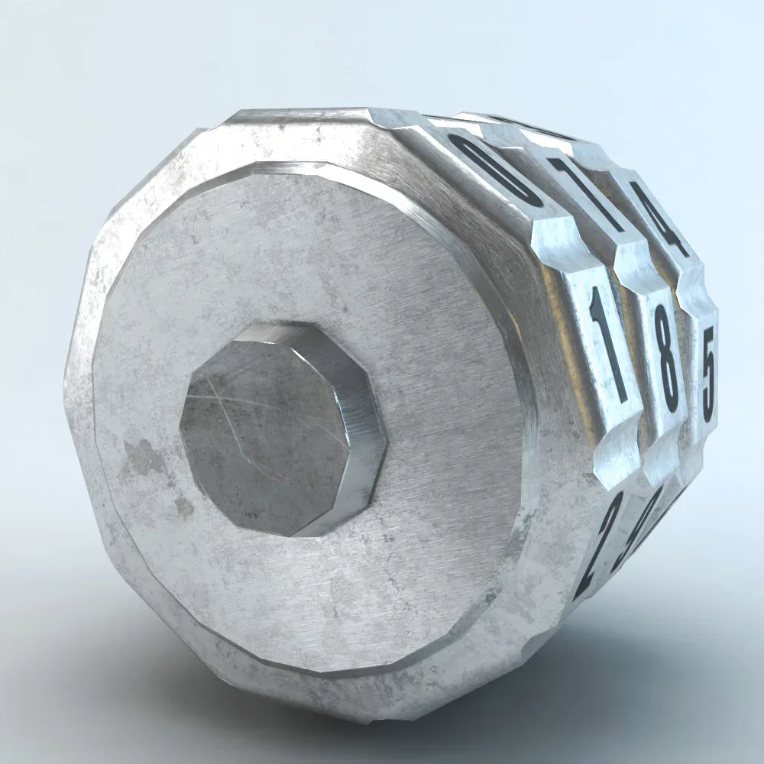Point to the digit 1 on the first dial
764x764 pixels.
click(x=607, y=348)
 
